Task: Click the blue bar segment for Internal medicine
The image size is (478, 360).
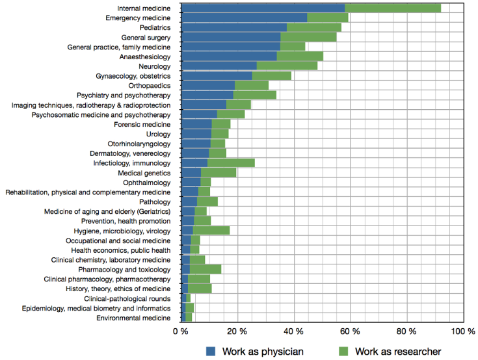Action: click(263, 8)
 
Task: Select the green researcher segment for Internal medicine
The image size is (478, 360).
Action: click(393, 8)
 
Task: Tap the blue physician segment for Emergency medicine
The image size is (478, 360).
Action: click(244, 18)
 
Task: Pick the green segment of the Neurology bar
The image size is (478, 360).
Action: click(287, 66)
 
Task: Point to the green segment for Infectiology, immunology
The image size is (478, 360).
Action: click(231, 163)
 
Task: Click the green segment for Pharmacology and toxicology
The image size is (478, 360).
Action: click(206, 269)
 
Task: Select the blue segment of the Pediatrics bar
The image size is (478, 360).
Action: click(234, 27)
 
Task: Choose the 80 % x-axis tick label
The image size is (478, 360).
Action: click(407, 332)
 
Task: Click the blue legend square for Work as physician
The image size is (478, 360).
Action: click(211, 351)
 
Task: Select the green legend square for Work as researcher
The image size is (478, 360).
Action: click(343, 351)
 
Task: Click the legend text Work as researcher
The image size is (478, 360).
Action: click(398, 351)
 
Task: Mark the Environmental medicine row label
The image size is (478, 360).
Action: click(133, 318)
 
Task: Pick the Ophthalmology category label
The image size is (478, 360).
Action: click(146, 183)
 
